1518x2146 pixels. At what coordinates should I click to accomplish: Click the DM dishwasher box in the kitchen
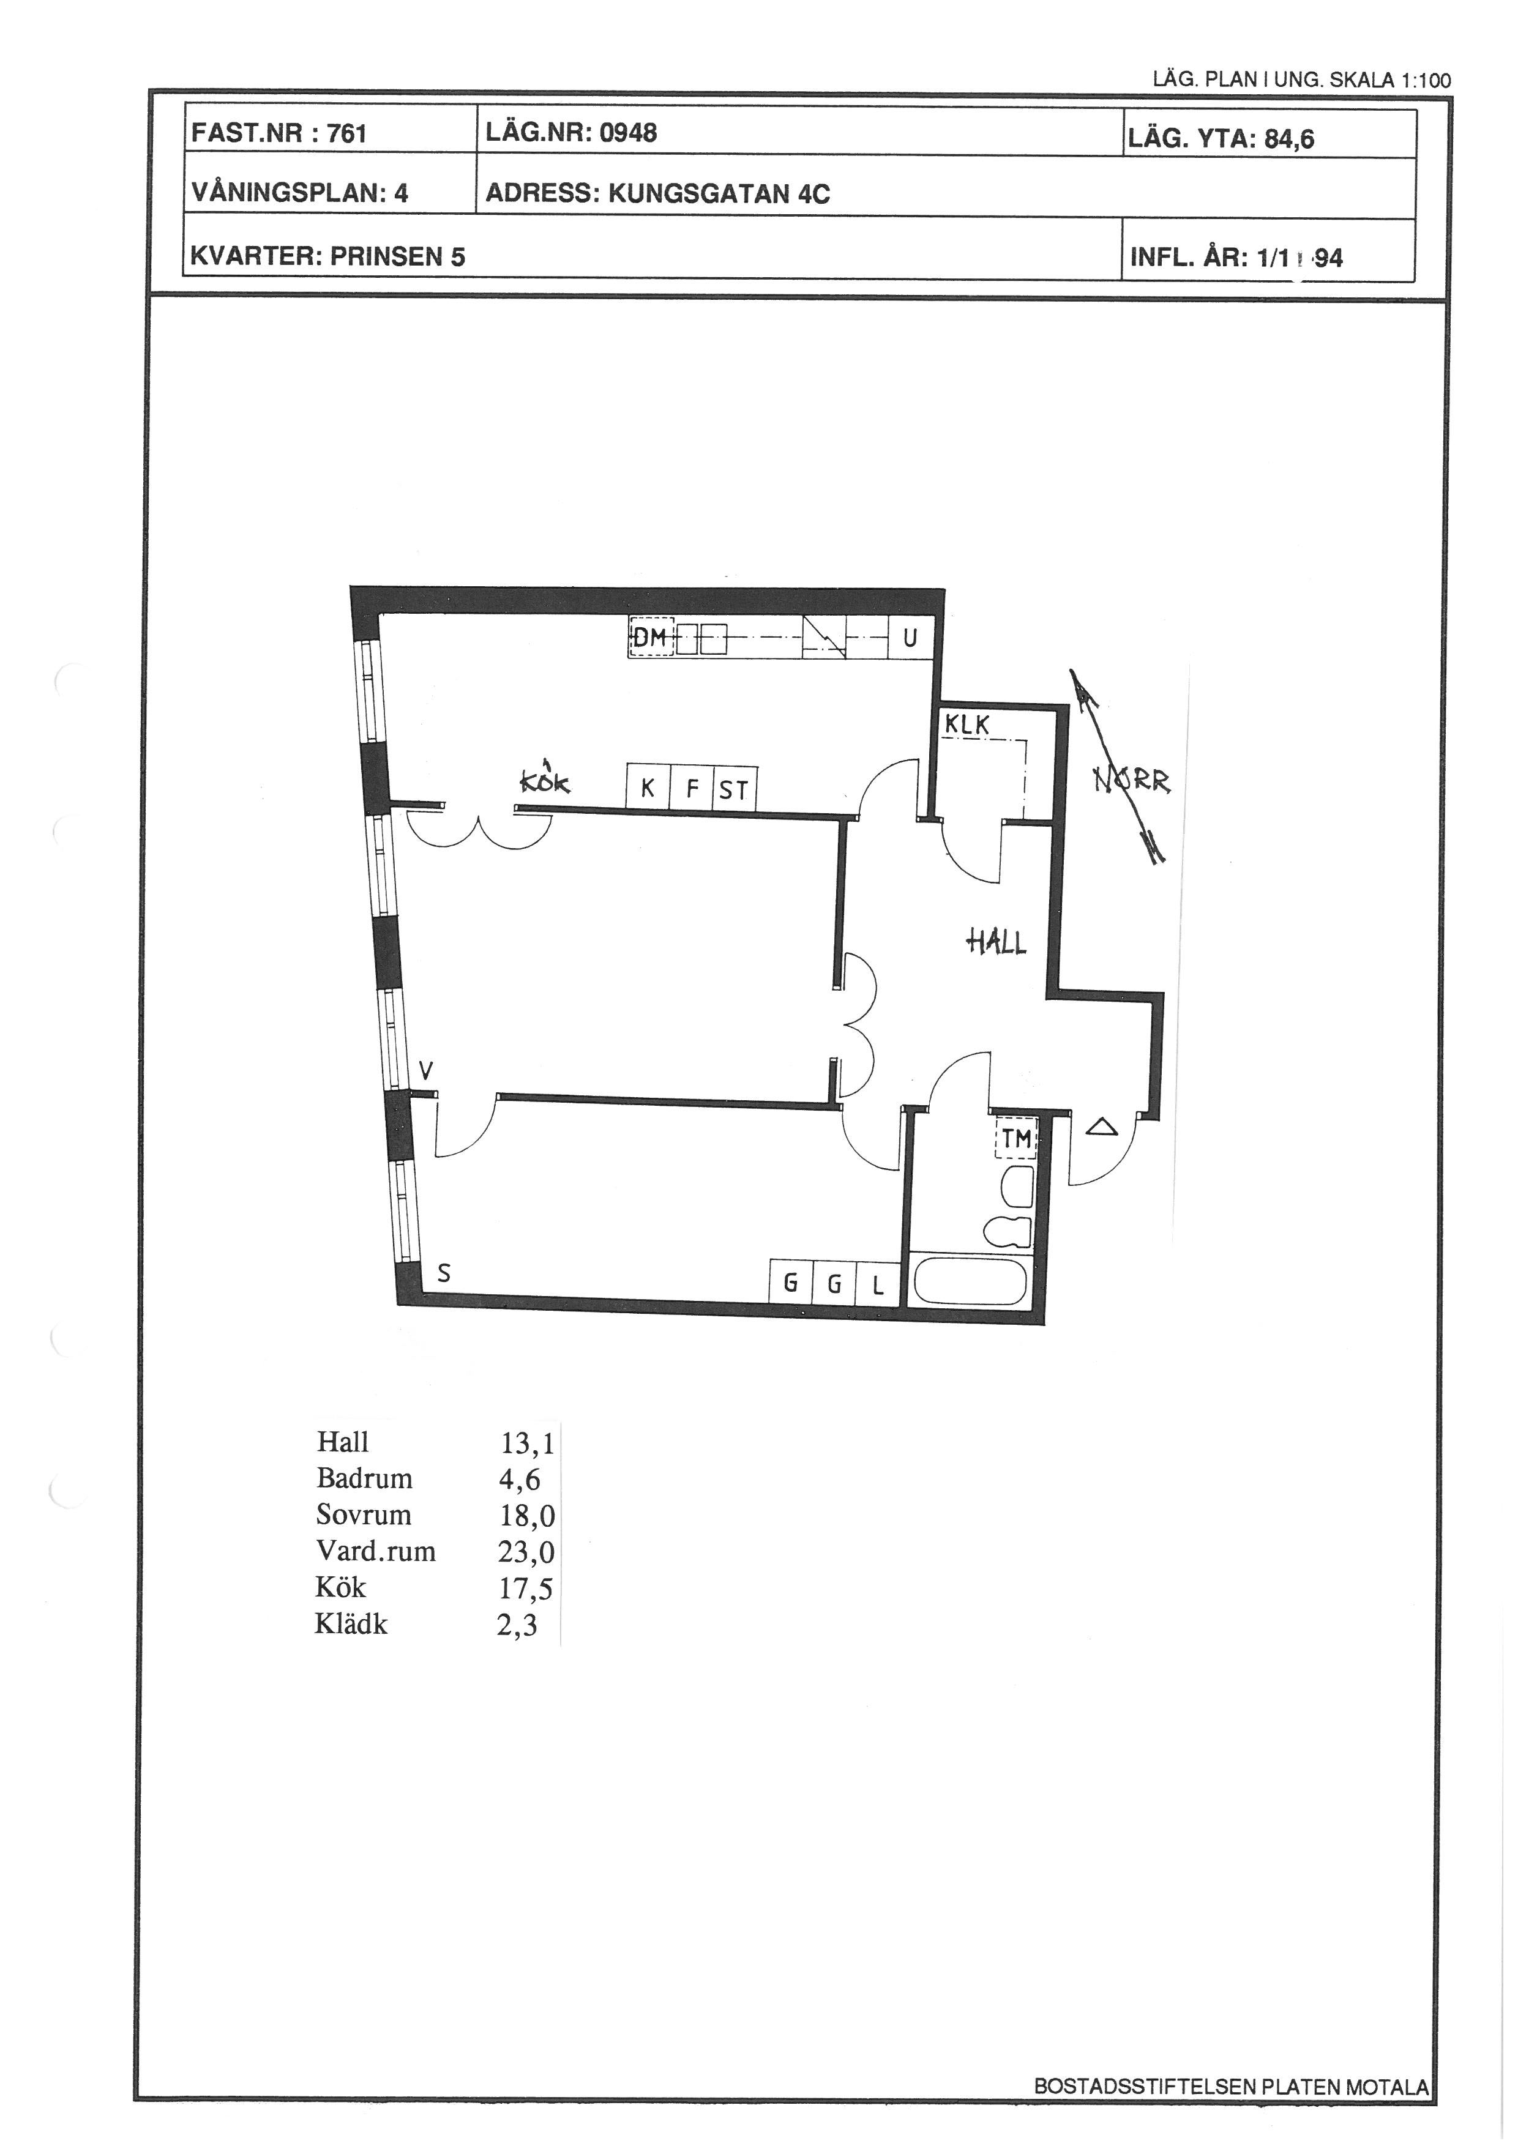coord(651,638)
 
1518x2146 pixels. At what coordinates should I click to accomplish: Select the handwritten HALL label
coord(996,941)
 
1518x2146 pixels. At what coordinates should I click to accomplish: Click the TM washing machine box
coord(1016,1138)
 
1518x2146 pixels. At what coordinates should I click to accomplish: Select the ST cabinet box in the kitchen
coord(735,788)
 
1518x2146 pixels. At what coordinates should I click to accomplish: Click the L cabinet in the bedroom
coord(878,1283)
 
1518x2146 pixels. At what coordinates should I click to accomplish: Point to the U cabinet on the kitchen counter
coord(910,638)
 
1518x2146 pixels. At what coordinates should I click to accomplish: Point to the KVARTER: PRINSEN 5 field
coord(328,256)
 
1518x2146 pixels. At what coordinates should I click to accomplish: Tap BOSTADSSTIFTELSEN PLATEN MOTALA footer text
coord(1231,2086)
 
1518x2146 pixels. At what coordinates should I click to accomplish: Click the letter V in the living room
coord(425,1070)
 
